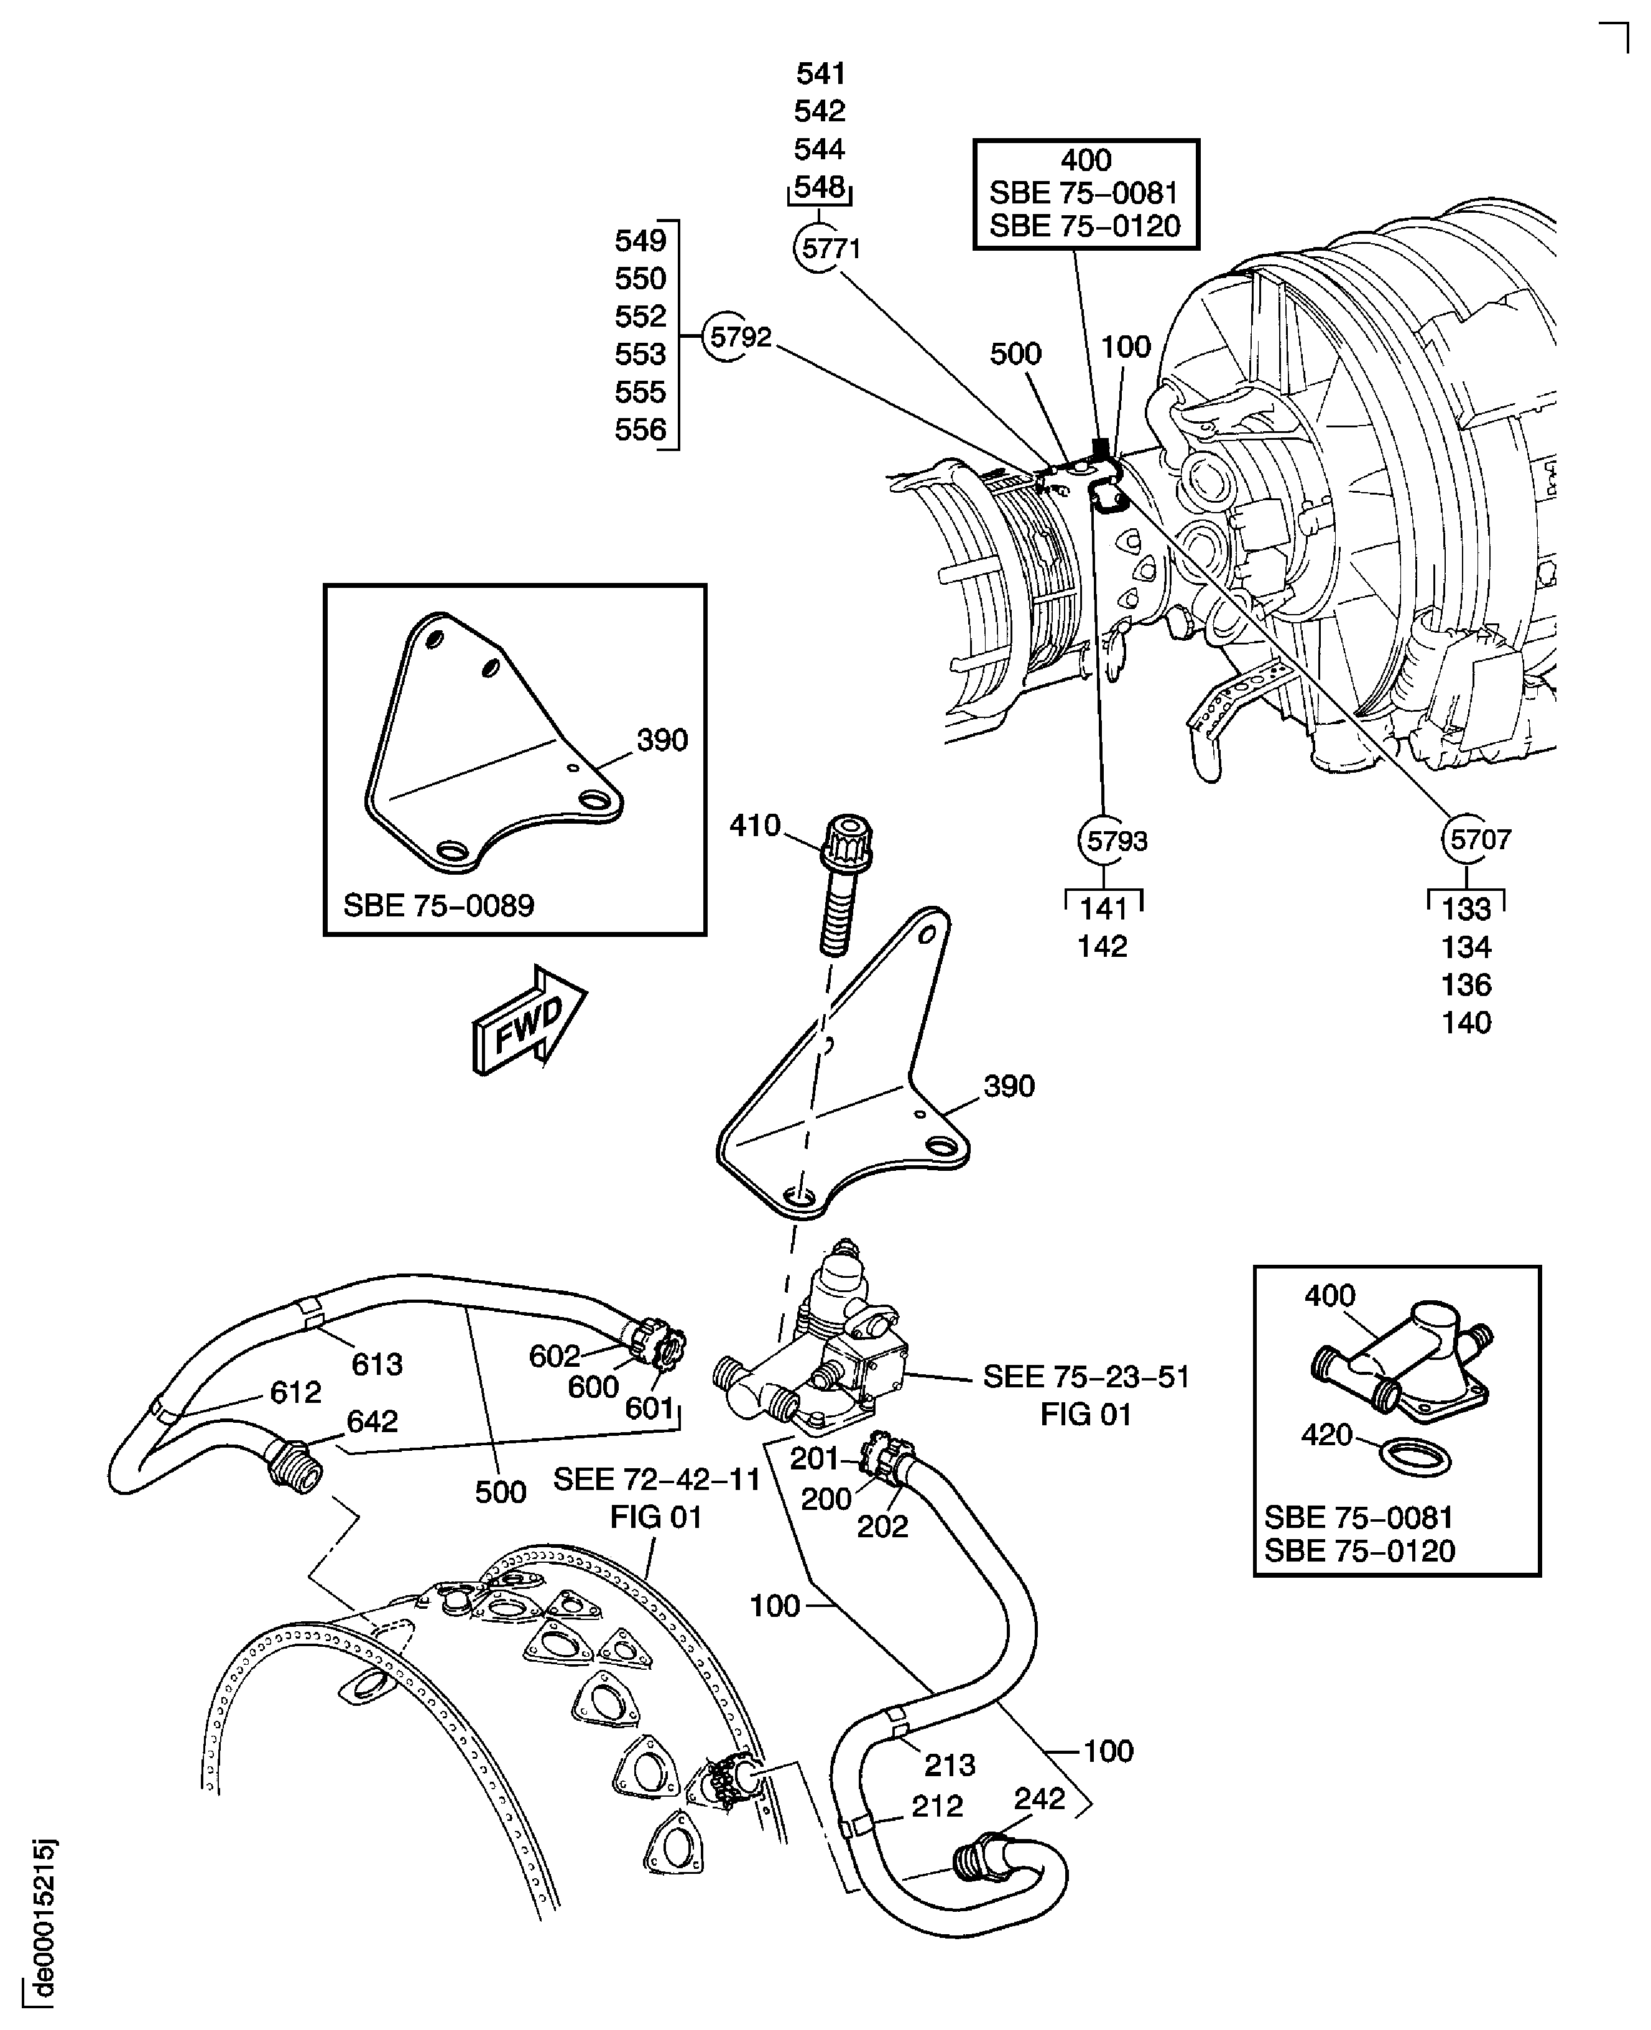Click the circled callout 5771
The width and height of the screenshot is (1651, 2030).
pos(820,248)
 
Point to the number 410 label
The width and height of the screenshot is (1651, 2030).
pos(754,826)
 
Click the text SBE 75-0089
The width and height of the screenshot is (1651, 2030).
pos(438,905)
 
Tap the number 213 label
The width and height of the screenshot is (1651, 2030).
pos(949,1766)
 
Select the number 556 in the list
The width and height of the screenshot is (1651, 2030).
pos(640,430)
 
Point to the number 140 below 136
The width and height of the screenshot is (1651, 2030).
pos(1466,1023)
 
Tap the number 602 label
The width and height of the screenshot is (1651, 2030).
pos(555,1356)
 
